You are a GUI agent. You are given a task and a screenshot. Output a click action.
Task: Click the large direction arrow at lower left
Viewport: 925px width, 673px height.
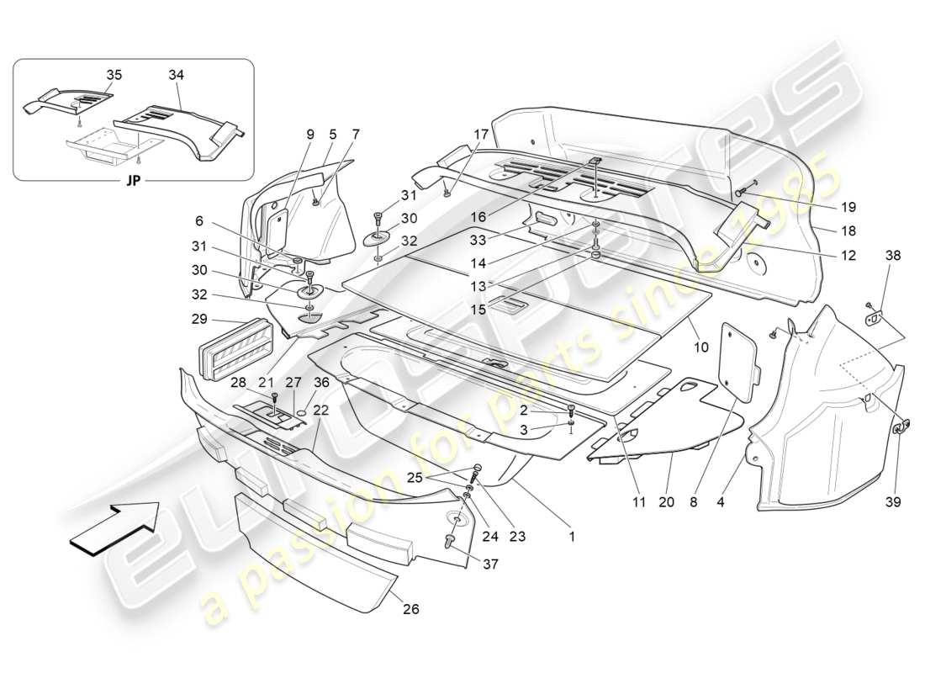click(x=114, y=527)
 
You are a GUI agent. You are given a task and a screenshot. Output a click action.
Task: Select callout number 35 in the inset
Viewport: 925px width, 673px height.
click(x=114, y=75)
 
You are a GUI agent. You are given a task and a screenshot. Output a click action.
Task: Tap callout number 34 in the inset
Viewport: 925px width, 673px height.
click(x=175, y=75)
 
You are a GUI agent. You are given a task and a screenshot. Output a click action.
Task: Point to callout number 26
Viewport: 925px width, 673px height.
click(x=410, y=608)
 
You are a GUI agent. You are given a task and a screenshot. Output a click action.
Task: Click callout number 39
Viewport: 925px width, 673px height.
click(x=893, y=502)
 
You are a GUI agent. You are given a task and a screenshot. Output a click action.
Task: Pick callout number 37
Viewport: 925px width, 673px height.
click(x=490, y=564)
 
